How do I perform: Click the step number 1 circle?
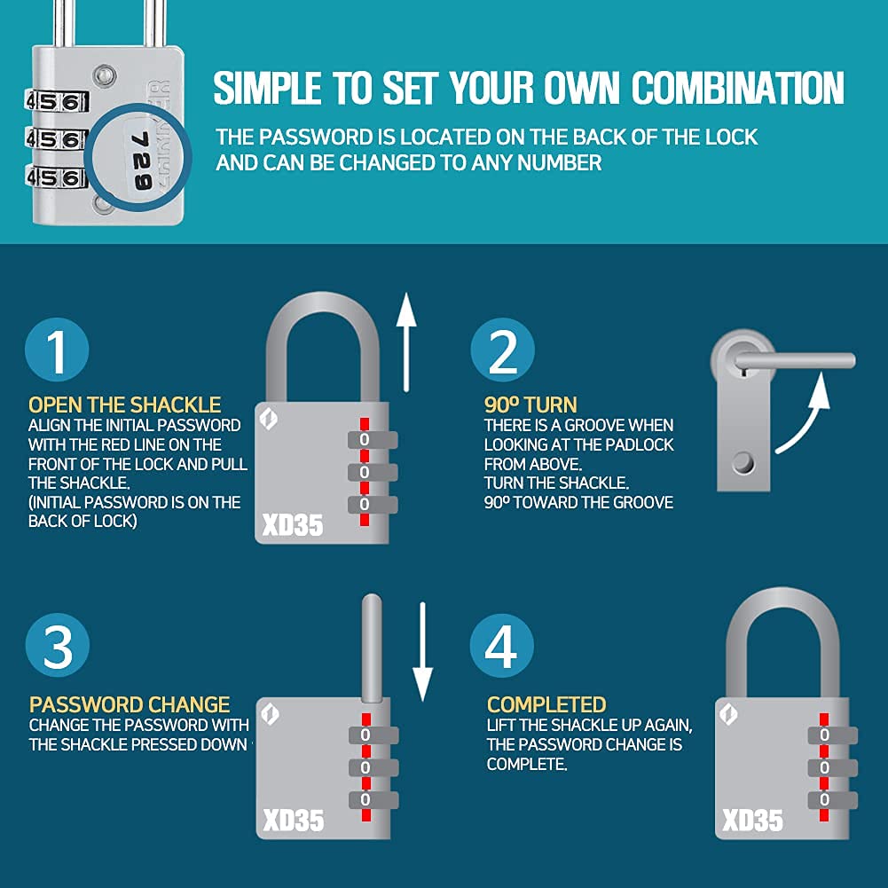(x=57, y=350)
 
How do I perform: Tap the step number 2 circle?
(x=502, y=350)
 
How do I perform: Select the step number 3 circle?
(x=57, y=645)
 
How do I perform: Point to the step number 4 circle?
(x=502, y=645)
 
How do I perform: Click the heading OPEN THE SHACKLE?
(x=124, y=405)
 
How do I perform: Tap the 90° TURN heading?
(x=530, y=405)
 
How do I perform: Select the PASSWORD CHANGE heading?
(x=130, y=705)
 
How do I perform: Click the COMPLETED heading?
(x=546, y=705)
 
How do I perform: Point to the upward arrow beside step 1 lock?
(x=406, y=342)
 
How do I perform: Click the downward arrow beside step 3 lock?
(x=422, y=652)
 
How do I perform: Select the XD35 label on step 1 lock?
(x=292, y=525)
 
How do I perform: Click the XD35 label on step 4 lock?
(x=752, y=821)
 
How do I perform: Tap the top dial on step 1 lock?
(x=372, y=440)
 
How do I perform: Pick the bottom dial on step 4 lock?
(x=832, y=799)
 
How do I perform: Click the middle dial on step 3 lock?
(x=373, y=768)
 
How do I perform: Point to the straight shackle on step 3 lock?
(x=372, y=649)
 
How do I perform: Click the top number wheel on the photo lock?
(x=57, y=103)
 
